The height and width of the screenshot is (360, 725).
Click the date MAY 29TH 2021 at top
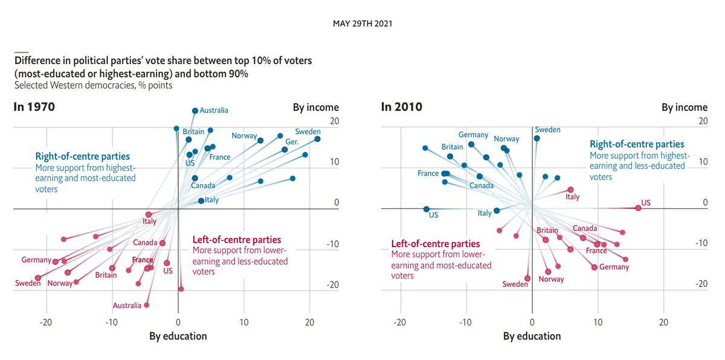[x=362, y=24]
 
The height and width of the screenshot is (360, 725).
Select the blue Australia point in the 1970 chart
[x=195, y=111]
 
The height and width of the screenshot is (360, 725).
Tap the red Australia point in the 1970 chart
[x=146, y=305]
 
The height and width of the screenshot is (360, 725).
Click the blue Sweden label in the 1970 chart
[x=308, y=131]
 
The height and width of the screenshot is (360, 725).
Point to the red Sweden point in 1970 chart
[x=37, y=278]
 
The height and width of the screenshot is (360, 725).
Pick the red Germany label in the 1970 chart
[x=36, y=260]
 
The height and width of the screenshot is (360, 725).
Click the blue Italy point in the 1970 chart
[x=201, y=201]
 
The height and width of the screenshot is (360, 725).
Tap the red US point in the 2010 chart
[x=638, y=208]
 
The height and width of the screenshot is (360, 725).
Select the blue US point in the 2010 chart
[x=427, y=209]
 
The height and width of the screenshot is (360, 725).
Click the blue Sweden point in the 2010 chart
[x=536, y=138]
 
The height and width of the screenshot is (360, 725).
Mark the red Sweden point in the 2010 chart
[x=527, y=278]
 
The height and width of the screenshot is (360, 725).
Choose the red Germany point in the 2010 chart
[x=594, y=267]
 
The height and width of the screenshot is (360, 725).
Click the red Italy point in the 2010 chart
[x=570, y=190]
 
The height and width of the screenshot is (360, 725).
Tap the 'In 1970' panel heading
[x=34, y=107]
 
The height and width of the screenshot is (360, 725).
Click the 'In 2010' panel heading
[x=402, y=107]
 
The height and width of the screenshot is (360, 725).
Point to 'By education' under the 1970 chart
[x=178, y=336]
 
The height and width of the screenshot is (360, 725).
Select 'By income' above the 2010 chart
[x=684, y=108]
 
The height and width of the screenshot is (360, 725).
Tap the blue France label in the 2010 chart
[x=428, y=173]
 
